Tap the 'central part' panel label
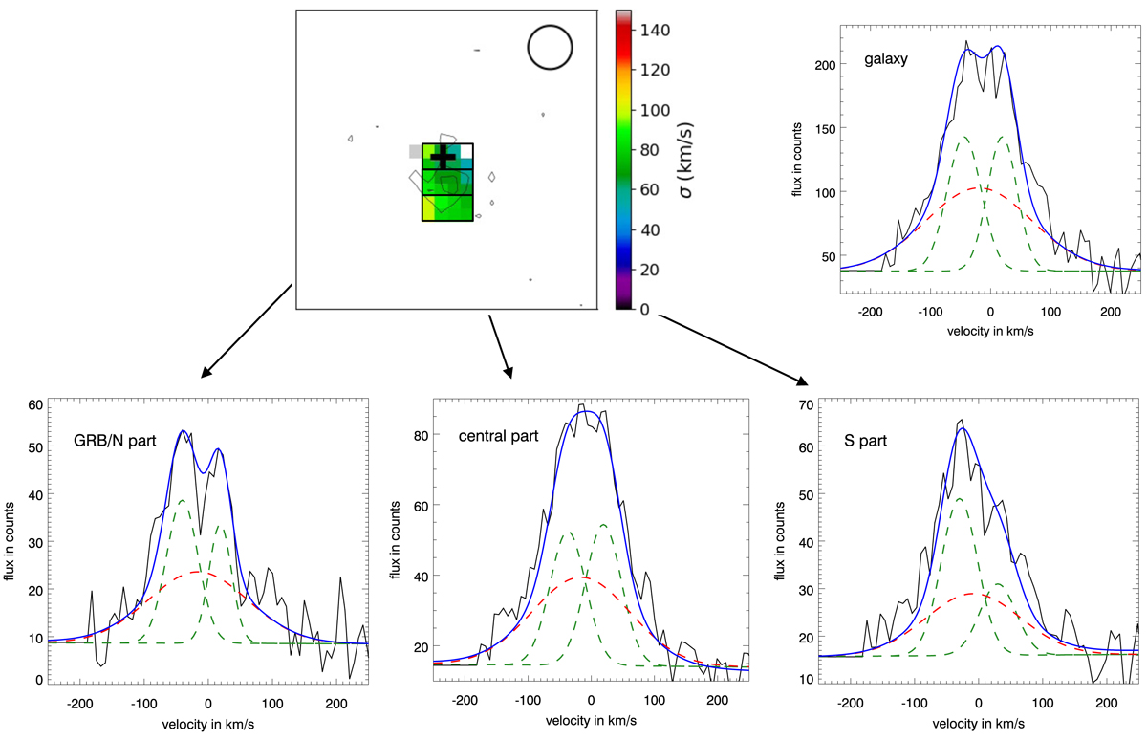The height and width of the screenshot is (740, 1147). point(496,436)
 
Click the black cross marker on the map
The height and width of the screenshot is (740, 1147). point(443,158)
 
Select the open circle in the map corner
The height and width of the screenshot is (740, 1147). point(549,47)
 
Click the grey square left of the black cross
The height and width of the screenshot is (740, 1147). point(415,151)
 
